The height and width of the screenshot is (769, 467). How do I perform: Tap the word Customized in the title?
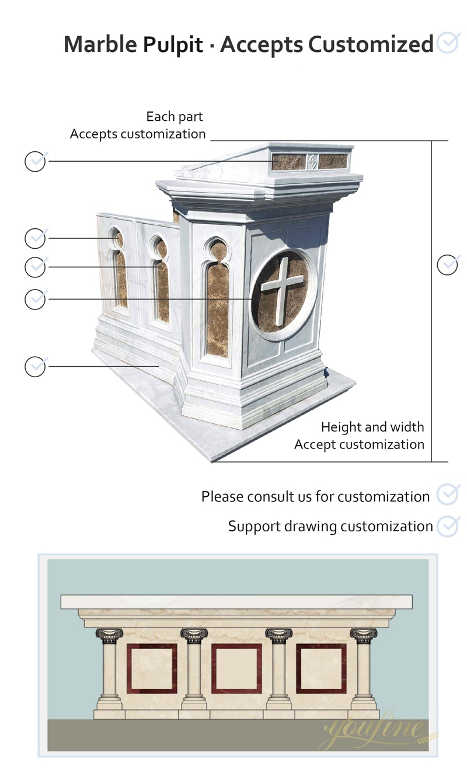[371, 45]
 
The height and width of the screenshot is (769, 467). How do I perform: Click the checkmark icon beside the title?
[448, 43]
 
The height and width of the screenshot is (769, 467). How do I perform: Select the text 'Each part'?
[175, 116]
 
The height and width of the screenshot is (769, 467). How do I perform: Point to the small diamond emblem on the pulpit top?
[312, 161]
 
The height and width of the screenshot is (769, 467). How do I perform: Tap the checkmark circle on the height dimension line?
[448, 265]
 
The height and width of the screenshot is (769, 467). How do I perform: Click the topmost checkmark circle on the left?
[36, 161]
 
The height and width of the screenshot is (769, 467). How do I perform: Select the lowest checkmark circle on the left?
[36, 367]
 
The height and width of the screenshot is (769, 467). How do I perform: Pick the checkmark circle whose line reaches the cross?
[36, 299]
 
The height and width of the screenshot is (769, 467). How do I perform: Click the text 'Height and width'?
[372, 427]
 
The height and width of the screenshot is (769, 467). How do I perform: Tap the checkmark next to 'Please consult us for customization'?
[448, 495]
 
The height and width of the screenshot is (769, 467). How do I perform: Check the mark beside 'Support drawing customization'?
[448, 526]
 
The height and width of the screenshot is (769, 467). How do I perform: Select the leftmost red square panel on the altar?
[152, 669]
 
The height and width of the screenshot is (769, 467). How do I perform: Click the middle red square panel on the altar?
[236, 669]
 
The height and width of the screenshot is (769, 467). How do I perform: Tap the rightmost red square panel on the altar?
[321, 669]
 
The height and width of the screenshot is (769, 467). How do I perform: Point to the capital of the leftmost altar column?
[109, 635]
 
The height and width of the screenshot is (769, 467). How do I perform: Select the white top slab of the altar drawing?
[236, 601]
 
